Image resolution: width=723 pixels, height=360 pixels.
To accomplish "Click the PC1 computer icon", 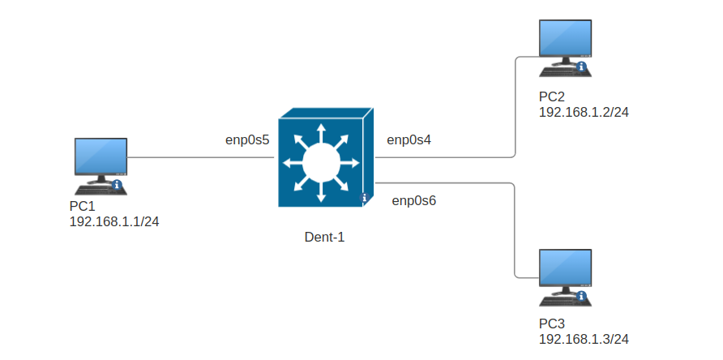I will (99, 162).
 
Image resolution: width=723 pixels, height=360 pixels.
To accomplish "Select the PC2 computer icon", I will (566, 45).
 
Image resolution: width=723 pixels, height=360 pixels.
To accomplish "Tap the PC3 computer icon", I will (566, 276).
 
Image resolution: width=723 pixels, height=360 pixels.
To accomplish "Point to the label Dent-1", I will (324, 238).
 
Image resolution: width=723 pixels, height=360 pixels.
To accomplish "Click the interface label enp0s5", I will (247, 140).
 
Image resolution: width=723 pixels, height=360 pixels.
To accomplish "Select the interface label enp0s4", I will (409, 140).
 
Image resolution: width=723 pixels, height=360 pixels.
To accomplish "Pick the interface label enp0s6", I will (414, 200).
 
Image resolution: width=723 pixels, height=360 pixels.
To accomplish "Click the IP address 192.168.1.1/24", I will (114, 221).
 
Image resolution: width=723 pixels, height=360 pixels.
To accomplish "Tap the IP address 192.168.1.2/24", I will (584, 112).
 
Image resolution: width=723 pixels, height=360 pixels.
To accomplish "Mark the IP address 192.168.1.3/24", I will (584, 339).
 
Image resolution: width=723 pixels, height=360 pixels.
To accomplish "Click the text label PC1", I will (83, 207).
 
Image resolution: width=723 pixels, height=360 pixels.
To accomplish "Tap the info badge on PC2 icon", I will (582, 66).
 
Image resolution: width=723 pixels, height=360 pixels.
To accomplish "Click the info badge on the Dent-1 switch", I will (364, 197).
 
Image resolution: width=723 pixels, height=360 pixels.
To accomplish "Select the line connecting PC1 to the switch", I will (201, 157).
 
